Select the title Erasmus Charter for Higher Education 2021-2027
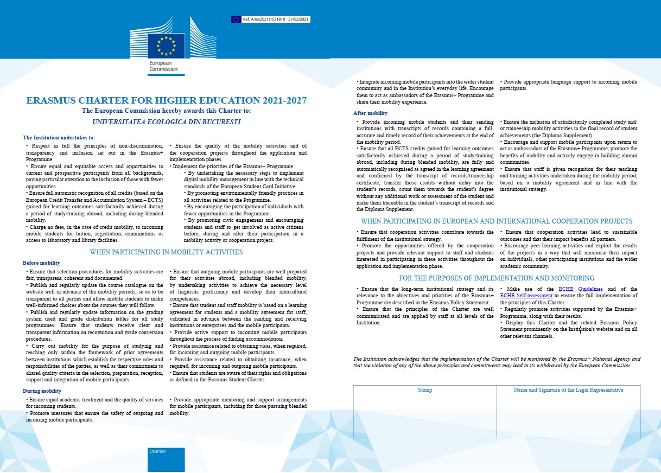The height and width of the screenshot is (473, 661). pos(166,101)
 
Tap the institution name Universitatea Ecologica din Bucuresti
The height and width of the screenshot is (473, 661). pos(166,122)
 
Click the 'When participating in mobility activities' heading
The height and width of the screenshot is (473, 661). pos(166,252)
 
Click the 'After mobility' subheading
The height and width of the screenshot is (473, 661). pos(371,113)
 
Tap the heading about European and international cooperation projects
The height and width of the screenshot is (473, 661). pos(497,221)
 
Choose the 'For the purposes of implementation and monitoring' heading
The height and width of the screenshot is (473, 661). pos(497,278)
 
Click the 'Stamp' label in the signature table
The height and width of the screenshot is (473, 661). pos(425,390)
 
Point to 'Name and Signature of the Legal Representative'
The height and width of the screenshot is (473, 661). pos(568,390)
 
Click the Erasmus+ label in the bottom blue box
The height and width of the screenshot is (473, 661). pos(158,451)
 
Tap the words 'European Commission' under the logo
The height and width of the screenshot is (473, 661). pos(163,66)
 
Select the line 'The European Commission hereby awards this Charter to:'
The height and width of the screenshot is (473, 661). pos(166,111)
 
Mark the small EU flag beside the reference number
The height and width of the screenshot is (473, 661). pos(236,19)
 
